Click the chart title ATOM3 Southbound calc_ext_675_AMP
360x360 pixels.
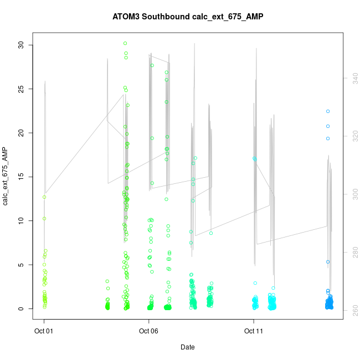180,16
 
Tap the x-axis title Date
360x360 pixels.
187,347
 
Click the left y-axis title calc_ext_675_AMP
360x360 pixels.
6,177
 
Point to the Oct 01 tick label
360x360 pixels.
44,331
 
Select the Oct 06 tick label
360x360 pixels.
148,331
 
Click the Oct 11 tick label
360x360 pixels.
254,331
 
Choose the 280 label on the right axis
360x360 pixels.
348,252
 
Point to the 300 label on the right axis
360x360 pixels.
348,194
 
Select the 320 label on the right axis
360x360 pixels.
348,136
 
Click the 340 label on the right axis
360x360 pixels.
348,79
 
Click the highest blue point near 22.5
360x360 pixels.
328,111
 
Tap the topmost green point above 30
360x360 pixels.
125,43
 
